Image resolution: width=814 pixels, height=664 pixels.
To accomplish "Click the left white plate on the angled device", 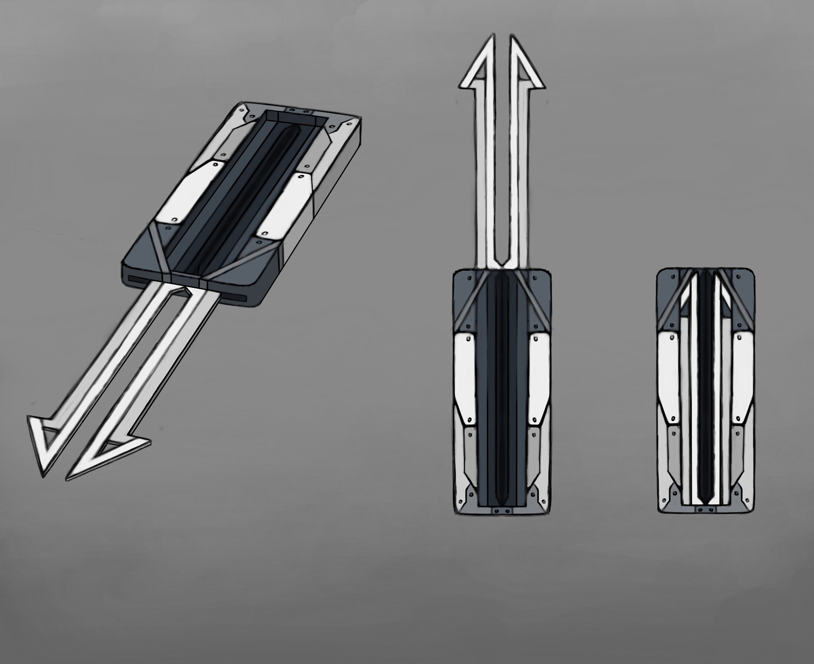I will (191, 192).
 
